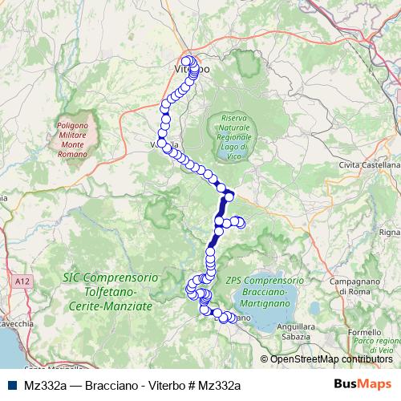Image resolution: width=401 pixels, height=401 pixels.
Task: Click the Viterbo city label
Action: pyautogui.click(x=192, y=70)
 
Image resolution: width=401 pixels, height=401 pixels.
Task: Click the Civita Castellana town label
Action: pyautogui.click(x=370, y=164)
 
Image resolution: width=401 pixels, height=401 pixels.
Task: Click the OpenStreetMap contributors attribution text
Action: pyautogui.click(x=331, y=359)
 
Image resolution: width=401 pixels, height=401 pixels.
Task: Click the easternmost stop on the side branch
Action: pyautogui.click(x=240, y=225)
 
